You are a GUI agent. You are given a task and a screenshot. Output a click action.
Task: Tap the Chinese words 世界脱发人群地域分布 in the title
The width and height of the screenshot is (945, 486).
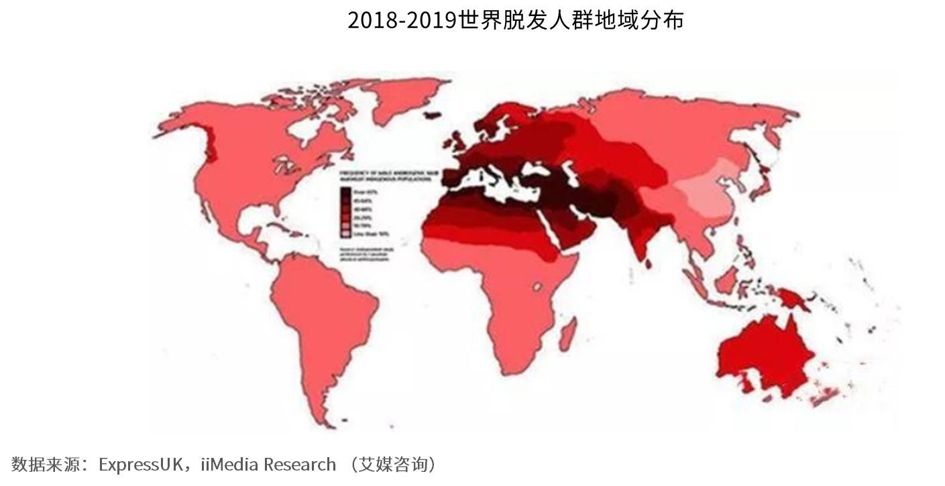coord(571,20)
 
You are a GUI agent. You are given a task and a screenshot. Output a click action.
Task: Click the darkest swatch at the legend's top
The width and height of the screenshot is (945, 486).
coord(345,193)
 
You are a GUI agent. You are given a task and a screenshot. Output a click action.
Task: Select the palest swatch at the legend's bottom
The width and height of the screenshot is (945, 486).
coord(345,233)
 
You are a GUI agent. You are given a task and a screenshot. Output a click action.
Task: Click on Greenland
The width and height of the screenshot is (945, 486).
coord(406,101)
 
